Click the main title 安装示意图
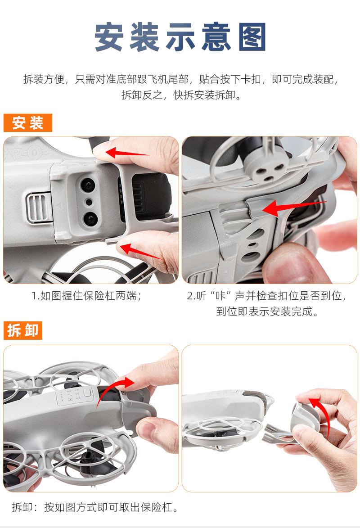coord(180,37)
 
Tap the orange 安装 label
coord(27,123)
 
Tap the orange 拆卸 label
coord(23,330)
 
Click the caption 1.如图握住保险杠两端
coord(86,296)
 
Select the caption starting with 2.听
coord(267,303)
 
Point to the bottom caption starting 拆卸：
coord(95,507)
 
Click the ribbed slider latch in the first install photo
coord(39,208)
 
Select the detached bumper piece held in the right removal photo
coord(306,418)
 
